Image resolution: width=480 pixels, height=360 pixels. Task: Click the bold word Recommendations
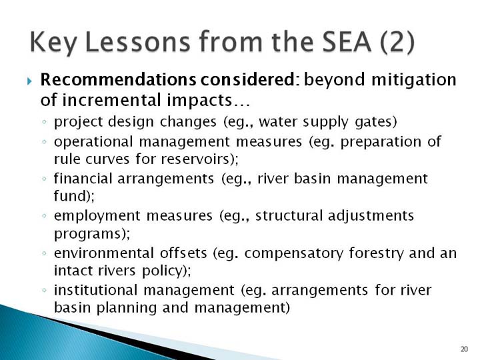pyautogui.click(x=118, y=79)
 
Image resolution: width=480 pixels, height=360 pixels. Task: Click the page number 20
pyautogui.click(x=464, y=349)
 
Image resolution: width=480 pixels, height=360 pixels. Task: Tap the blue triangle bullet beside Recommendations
pyautogui.click(x=29, y=81)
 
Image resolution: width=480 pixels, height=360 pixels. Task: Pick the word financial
pyautogui.click(x=83, y=179)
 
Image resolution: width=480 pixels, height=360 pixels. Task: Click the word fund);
pyautogui.click(x=75, y=196)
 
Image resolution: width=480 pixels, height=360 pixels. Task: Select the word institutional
pyautogui.click(x=95, y=290)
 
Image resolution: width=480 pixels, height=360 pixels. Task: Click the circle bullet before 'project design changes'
pyautogui.click(x=45, y=122)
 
